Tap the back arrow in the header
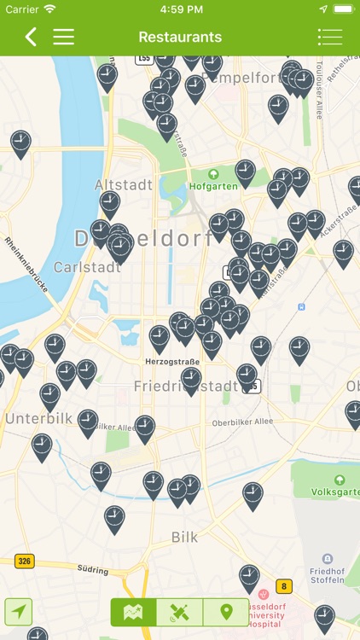(x=31, y=37)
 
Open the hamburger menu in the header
(x=64, y=37)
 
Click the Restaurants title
(x=180, y=38)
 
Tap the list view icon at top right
(x=330, y=37)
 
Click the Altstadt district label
(x=123, y=184)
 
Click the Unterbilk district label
(x=39, y=419)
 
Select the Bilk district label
(x=185, y=538)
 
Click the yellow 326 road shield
(x=24, y=561)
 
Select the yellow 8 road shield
(x=283, y=585)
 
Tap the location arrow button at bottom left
(x=19, y=612)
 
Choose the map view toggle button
(x=133, y=612)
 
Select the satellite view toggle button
(x=179, y=612)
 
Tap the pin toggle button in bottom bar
(x=226, y=612)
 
